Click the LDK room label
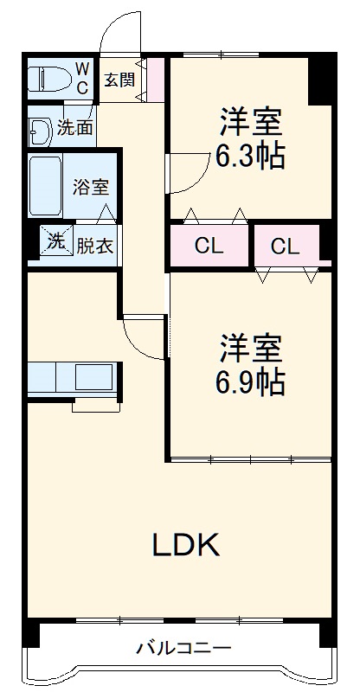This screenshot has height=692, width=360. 187,544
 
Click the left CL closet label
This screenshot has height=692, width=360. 209,246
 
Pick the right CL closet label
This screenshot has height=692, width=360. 285,246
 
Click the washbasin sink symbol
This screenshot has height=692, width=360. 39,131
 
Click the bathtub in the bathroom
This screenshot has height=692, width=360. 43,186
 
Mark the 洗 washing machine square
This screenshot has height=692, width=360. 55,242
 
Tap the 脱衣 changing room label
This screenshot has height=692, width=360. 93,246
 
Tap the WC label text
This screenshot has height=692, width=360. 81,76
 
